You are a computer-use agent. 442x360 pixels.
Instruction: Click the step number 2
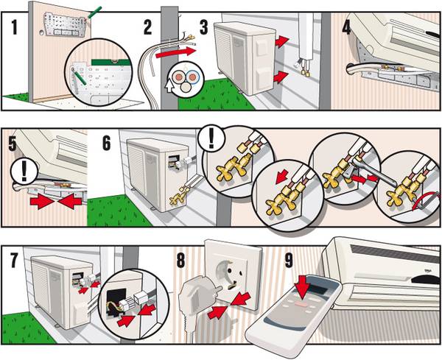(148, 29)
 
